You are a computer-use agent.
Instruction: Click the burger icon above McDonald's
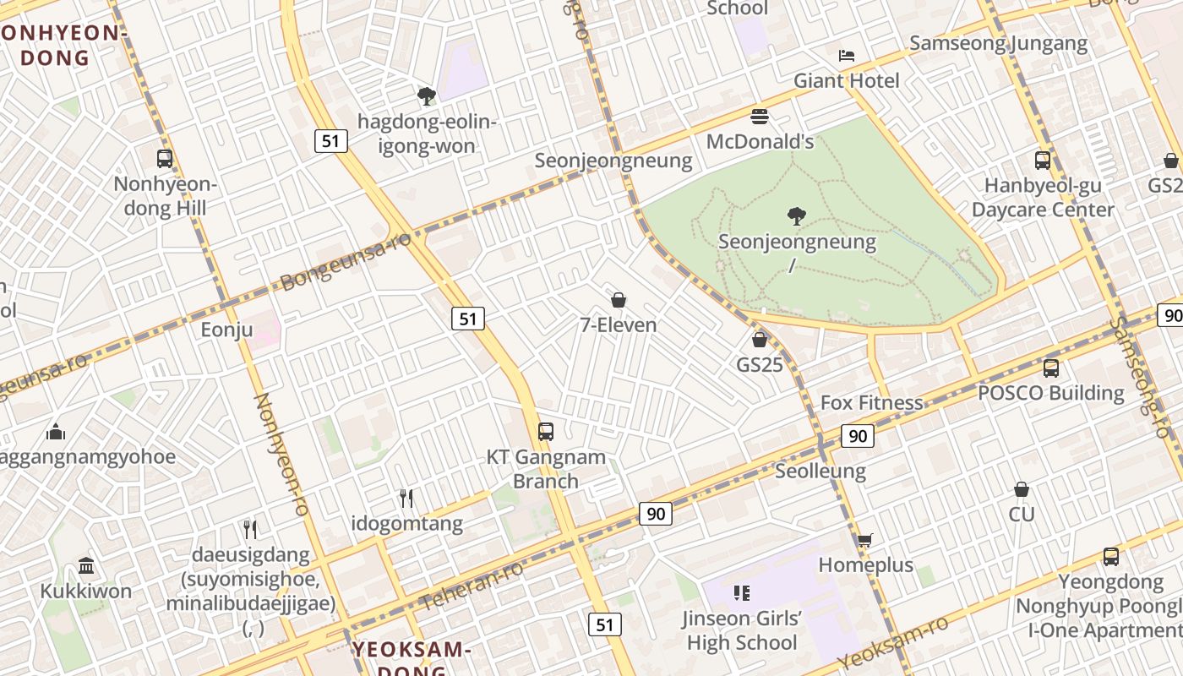coord(759,116)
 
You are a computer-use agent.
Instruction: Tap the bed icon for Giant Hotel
coord(847,56)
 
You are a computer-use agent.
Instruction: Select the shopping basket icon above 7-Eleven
coord(619,300)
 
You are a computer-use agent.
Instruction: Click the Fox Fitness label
coord(872,402)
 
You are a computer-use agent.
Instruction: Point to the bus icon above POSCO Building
coord(1051,368)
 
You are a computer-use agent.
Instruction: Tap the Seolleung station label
coord(820,471)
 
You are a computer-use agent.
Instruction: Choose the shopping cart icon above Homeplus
coord(864,540)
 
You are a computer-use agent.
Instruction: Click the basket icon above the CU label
coord(1022,489)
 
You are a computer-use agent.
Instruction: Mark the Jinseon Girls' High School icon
coord(742,593)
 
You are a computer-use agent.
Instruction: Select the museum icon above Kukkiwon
coord(86,565)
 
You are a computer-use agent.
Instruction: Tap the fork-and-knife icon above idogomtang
coord(406,499)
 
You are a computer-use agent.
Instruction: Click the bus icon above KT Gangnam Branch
coord(546,432)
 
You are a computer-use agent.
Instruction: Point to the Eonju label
coord(226,330)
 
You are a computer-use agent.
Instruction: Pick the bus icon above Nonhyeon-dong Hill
coord(165,158)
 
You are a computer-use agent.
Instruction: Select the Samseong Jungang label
coord(999,43)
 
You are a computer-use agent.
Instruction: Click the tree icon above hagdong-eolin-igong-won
coord(427,95)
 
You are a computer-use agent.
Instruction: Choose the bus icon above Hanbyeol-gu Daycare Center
coord(1043,160)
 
